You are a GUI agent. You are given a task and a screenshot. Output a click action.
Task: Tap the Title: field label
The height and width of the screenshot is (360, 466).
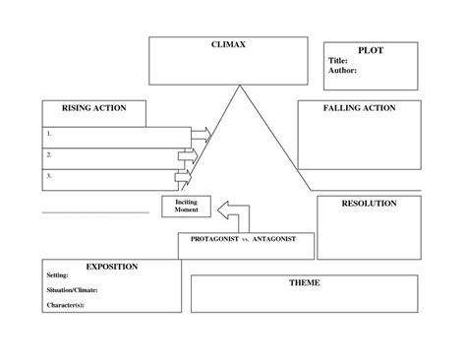pyautogui.click(x=338, y=60)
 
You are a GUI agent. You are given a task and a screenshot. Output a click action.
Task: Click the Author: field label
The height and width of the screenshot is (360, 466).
pyautogui.click(x=342, y=71)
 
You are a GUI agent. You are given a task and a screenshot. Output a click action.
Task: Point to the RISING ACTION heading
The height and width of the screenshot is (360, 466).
pyautogui.click(x=94, y=108)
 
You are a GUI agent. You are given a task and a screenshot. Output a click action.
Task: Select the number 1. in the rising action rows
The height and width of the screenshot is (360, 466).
pyautogui.click(x=49, y=133)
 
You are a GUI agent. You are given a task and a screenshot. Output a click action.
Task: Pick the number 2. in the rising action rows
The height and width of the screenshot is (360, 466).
pyautogui.click(x=49, y=154)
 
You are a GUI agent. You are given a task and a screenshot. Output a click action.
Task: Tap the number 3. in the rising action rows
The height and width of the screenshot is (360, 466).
pyautogui.click(x=49, y=177)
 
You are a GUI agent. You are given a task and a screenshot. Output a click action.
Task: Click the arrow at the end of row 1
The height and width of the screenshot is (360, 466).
pyautogui.click(x=201, y=133)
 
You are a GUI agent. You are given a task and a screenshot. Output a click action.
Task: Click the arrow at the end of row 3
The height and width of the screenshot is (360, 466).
pyautogui.click(x=182, y=177)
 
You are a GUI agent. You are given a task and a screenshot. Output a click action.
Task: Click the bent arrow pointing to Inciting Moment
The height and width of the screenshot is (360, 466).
pyautogui.click(x=232, y=212)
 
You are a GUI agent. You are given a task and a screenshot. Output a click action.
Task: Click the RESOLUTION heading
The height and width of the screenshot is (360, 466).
pyautogui.click(x=369, y=204)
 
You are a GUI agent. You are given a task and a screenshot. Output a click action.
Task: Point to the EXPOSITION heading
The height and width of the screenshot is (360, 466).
pyautogui.click(x=111, y=267)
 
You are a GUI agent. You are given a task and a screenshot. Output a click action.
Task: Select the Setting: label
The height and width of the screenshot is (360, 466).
pyautogui.click(x=58, y=276)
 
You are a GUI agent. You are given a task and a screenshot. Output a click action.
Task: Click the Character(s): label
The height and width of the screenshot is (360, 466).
pyautogui.click(x=66, y=305)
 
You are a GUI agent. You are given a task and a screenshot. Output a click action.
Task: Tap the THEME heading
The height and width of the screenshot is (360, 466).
pyautogui.click(x=304, y=283)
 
